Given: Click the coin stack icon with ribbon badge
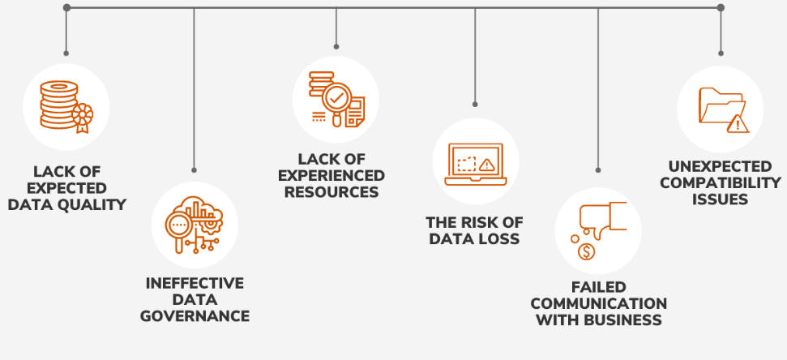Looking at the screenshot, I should click(66, 106).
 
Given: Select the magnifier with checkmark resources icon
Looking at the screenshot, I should click(336, 99).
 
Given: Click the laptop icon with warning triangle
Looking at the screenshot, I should click(475, 161).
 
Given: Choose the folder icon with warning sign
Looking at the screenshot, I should click(720, 109).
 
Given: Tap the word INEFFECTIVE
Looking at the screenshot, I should click(195, 283).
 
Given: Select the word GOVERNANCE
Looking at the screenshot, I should click(195, 315).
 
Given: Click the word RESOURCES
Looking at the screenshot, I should click(331, 192).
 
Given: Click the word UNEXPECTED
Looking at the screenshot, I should click(720, 166).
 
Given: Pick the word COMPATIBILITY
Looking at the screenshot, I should click(720, 182).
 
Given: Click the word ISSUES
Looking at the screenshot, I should click(720, 199).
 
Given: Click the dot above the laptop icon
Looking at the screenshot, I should click(475, 105).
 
